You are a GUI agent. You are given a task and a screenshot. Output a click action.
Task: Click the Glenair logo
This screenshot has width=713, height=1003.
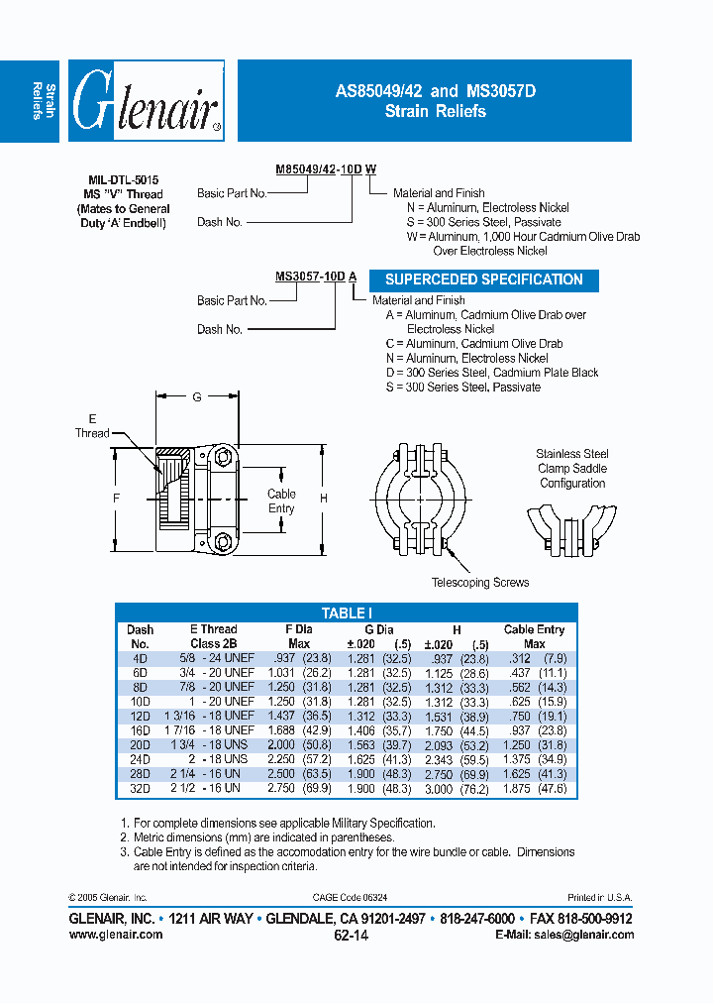(148, 102)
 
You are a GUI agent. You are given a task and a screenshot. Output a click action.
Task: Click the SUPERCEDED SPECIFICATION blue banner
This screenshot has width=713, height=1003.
(484, 279)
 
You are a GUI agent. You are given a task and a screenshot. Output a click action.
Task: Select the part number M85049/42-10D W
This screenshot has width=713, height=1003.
(325, 169)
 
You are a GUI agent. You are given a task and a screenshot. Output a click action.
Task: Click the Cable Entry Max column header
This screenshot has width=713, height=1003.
(534, 636)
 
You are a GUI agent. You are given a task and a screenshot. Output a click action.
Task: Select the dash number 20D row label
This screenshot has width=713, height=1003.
(139, 742)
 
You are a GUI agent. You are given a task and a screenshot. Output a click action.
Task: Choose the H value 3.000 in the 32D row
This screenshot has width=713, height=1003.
(443, 790)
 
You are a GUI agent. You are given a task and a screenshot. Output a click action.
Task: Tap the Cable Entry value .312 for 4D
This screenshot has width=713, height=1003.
(520, 658)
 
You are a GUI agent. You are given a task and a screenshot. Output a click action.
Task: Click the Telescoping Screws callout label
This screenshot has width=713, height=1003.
(480, 583)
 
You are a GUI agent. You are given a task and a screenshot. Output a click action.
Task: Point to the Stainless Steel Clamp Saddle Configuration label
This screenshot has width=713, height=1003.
(572, 469)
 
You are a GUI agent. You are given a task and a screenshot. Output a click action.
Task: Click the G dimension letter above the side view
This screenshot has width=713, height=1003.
(197, 396)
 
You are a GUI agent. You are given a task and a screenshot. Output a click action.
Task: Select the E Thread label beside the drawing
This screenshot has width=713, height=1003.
(92, 426)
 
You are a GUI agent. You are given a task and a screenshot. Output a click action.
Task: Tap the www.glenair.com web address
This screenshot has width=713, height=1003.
(116, 935)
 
